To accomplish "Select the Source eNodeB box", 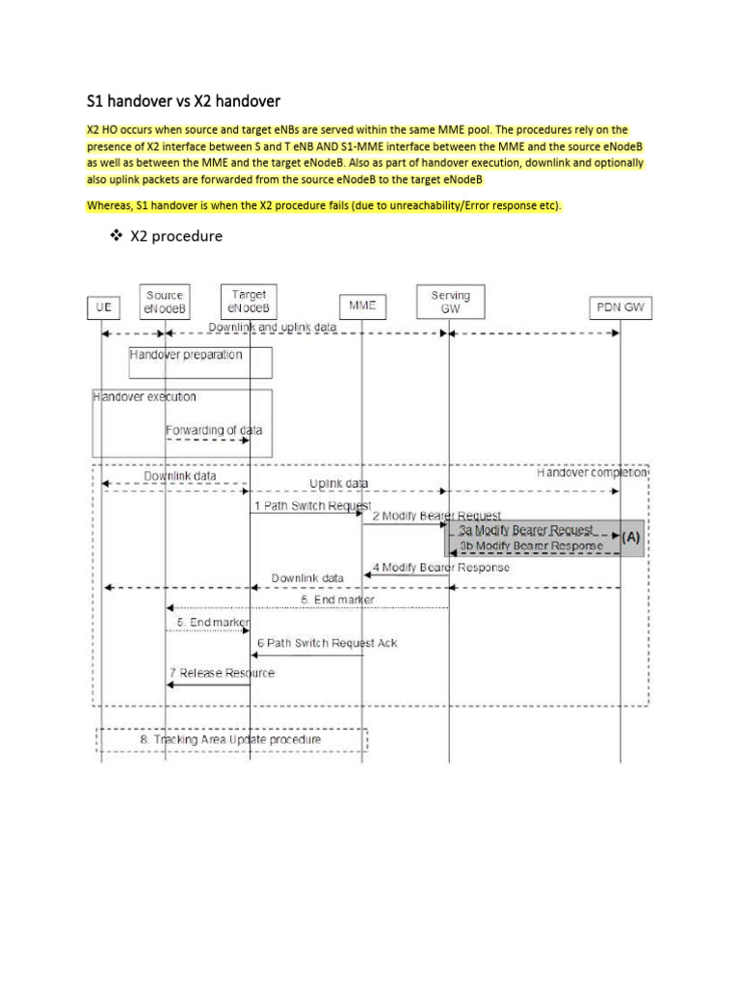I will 166,302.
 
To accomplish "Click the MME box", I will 362,305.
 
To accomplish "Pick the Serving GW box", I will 450,303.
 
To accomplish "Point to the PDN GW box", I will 620,307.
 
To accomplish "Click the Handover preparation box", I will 200,360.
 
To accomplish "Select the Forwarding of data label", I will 213,430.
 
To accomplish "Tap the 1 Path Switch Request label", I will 311,505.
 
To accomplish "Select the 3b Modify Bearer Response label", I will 531,546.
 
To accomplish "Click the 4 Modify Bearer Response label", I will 441,567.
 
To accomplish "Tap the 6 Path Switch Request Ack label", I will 327,643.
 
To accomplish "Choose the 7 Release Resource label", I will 222,672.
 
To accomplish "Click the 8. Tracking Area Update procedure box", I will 231,739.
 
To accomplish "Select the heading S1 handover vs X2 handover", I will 183,100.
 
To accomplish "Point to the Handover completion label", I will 592,473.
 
